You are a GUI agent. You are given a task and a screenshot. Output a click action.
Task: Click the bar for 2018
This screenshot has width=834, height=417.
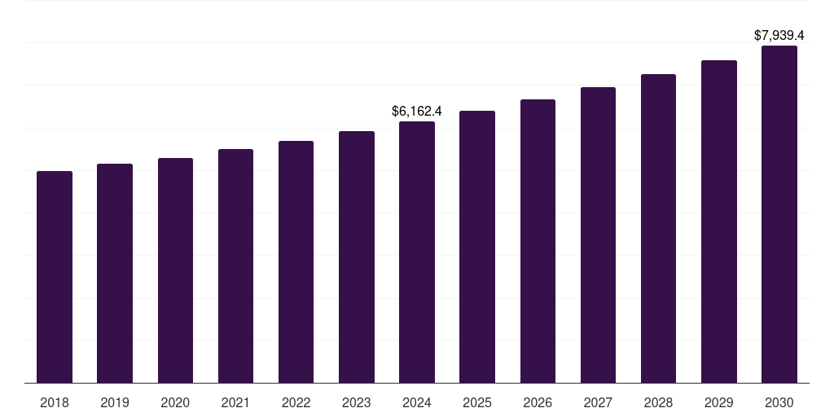55,277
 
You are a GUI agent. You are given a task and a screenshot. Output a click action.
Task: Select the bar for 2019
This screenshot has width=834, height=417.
115,273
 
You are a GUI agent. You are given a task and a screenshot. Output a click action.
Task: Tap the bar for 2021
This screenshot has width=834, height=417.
235,266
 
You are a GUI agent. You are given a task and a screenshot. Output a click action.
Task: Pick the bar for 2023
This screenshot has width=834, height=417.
357,257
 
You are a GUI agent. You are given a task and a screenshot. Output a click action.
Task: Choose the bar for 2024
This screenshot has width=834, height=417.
417,252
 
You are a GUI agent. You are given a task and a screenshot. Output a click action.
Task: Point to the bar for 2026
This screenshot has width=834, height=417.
538,241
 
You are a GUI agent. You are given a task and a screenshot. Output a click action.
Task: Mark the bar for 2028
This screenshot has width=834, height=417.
658,228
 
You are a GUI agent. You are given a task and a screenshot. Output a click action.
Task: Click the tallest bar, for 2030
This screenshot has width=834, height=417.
779,214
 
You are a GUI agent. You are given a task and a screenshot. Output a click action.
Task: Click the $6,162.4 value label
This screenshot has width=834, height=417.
417,110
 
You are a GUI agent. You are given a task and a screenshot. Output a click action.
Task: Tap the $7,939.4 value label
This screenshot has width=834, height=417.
779,35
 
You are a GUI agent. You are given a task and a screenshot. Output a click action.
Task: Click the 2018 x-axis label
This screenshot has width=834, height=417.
55,402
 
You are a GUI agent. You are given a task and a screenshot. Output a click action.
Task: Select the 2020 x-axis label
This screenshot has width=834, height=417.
175,402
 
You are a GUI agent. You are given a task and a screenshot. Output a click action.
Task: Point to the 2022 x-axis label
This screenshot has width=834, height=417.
296,402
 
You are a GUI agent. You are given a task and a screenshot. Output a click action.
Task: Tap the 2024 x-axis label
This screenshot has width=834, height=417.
417,402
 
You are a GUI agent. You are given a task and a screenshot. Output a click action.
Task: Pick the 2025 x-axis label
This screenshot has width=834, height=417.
477,402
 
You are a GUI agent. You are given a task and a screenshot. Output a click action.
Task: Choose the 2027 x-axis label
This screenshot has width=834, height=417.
598,402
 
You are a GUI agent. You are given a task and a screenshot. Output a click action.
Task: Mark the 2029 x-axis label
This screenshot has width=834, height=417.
719,402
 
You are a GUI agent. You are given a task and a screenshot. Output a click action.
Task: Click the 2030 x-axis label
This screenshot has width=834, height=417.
779,402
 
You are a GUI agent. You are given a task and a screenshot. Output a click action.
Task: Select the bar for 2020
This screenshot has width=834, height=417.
175,270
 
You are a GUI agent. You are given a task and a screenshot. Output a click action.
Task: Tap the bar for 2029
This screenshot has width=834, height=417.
719,222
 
